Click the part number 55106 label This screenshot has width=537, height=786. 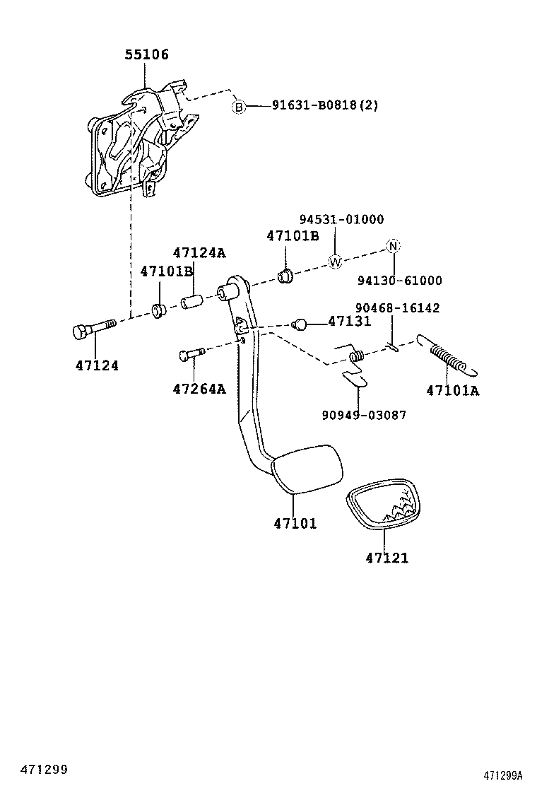147,54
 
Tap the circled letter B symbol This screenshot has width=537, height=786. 240,107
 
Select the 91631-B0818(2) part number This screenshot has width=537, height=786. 325,106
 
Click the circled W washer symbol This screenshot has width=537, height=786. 335,262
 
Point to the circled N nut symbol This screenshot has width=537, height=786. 393,246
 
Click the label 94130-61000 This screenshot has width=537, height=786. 399,281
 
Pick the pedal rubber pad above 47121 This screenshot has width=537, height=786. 382,505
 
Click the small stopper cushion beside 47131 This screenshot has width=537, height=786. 300,324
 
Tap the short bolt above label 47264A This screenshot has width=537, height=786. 191,352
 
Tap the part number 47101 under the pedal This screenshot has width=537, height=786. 295,524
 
